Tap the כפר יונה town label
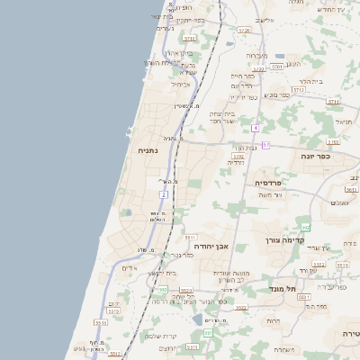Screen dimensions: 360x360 (319, 155)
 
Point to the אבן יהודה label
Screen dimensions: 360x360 (213, 246)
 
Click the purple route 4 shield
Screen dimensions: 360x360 (256, 128)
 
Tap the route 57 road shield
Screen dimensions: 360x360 (265, 144)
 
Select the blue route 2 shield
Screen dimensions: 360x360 (164, 193)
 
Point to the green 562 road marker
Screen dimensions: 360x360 (306, 227)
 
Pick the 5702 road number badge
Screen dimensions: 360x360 (238, 157)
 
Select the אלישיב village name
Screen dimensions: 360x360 (264, 19)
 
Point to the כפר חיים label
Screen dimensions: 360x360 (244, 76)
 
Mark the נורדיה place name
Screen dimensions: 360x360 (236, 163)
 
